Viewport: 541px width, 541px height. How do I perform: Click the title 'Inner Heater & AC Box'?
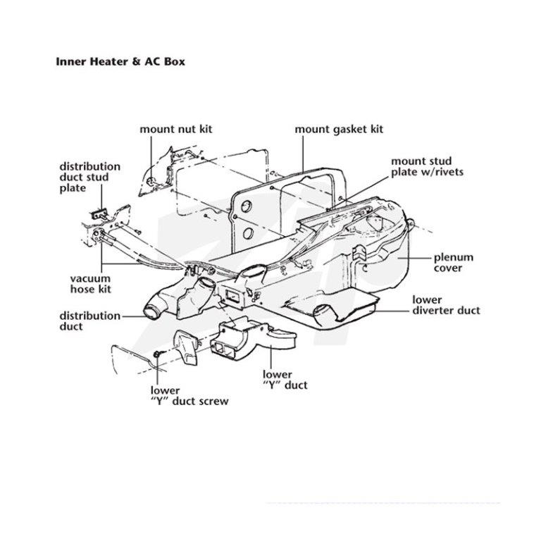click(x=120, y=62)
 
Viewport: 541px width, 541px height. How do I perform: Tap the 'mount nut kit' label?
click(x=176, y=129)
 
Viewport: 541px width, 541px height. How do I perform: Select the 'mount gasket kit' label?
click(x=339, y=130)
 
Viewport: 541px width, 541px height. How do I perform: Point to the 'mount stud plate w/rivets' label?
click(x=427, y=167)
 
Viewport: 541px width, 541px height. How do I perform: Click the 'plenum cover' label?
click(x=454, y=263)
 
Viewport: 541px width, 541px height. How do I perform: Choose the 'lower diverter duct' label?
click(x=446, y=305)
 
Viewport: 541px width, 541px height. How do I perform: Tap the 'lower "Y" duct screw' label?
click(x=189, y=396)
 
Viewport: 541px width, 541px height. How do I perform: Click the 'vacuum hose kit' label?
click(x=90, y=284)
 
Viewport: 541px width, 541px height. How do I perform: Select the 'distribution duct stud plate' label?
click(x=89, y=178)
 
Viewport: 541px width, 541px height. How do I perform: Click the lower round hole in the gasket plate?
click(x=248, y=234)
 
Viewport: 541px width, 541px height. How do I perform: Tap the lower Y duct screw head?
click(x=156, y=354)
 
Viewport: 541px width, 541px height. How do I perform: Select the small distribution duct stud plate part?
click(x=99, y=215)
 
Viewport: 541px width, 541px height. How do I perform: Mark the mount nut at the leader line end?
click(x=151, y=182)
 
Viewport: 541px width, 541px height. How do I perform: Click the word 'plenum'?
click(x=454, y=258)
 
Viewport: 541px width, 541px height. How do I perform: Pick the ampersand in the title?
click(x=135, y=62)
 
